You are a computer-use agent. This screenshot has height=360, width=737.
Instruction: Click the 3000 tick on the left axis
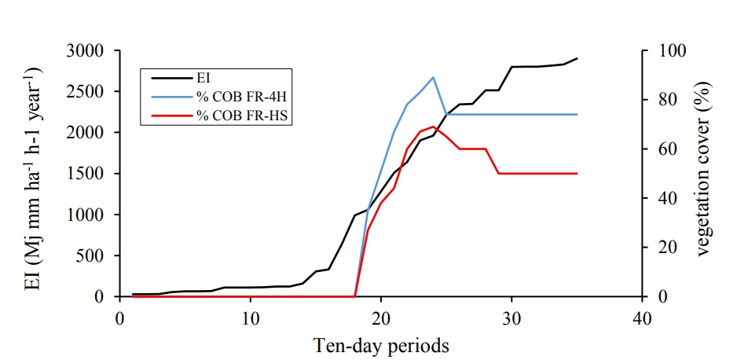92,51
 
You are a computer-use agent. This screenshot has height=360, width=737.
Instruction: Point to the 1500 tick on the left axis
92,174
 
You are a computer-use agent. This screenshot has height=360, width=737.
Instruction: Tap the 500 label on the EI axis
96,255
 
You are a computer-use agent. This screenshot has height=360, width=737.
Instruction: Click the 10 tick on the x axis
250,318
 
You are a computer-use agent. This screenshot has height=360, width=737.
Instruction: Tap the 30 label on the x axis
511,318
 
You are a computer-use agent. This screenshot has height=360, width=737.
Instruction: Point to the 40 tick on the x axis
642,318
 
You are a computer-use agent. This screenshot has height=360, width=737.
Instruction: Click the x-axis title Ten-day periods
381,344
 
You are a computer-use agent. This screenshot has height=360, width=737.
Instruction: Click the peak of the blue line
433,77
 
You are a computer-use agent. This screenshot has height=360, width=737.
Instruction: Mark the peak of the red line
433,127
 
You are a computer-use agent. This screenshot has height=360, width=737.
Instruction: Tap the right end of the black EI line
577,58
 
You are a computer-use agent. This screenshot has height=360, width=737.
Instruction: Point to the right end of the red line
577,174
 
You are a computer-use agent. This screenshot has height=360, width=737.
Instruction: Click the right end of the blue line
577,114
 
